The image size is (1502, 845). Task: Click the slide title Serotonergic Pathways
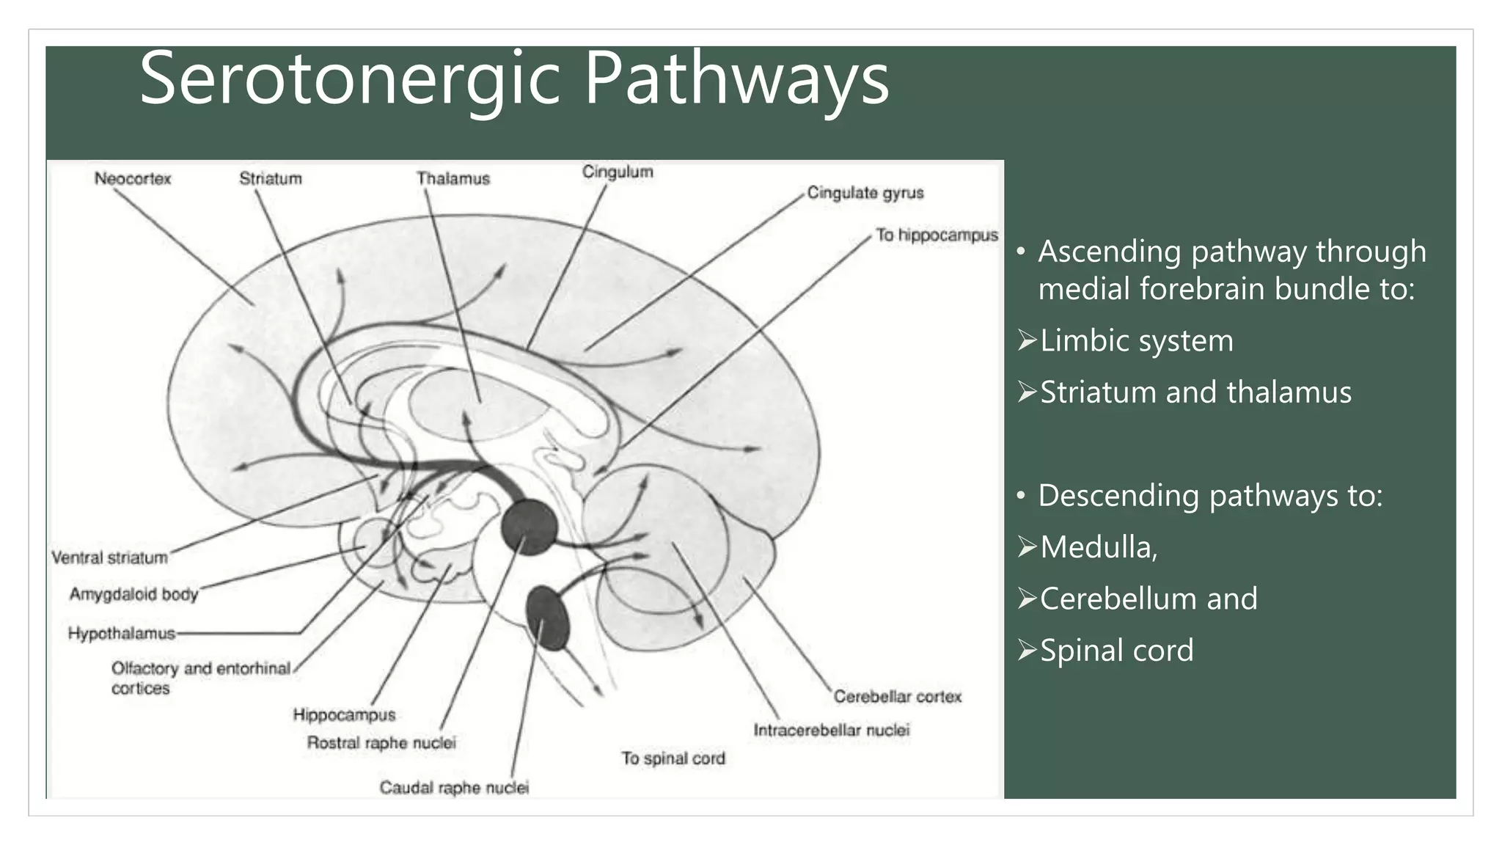[x=513, y=79]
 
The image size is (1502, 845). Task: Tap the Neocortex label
[x=133, y=179]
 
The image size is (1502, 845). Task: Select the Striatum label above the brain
[x=271, y=179]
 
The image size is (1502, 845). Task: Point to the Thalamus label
[x=453, y=179]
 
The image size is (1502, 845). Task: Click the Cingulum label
[x=618, y=172]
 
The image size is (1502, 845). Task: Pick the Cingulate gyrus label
[x=865, y=193]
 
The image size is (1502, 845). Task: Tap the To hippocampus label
[x=937, y=235]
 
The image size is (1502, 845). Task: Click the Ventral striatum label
[x=110, y=558]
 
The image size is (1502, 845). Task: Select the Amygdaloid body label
[x=134, y=594]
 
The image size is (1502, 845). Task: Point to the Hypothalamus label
[x=122, y=633]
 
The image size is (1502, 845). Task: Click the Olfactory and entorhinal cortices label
[x=199, y=678]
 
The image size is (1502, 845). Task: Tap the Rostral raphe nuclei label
[x=381, y=743]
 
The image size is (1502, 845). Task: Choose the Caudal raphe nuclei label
[x=454, y=788]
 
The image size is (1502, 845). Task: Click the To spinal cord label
[x=673, y=758]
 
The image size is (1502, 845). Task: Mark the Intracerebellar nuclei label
[x=832, y=731]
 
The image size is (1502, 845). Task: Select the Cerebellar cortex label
[x=897, y=697]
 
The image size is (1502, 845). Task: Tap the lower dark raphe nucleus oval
[x=548, y=618]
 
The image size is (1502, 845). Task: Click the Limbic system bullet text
[x=1136, y=341]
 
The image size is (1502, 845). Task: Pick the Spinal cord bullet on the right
[x=1116, y=651]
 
